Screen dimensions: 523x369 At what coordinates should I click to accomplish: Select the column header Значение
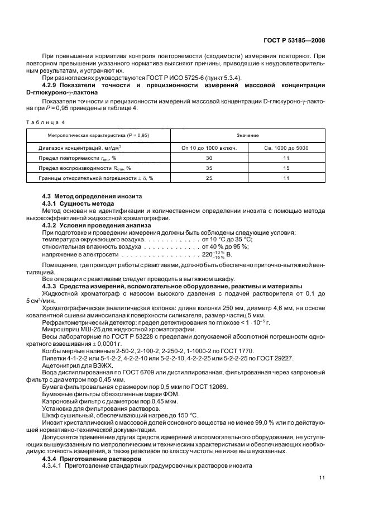(x=247, y=135)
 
